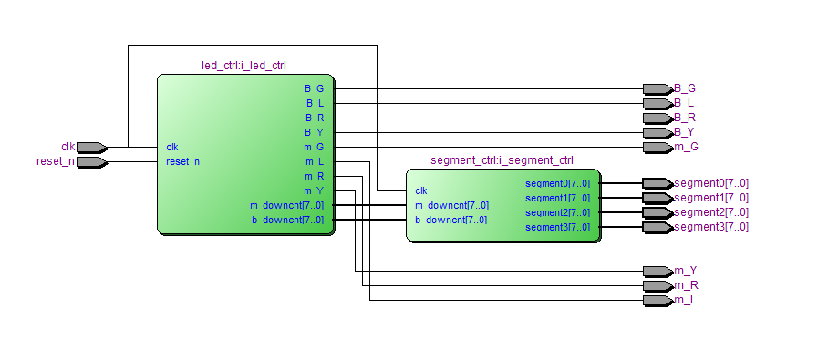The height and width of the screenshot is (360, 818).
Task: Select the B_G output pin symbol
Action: coord(657,88)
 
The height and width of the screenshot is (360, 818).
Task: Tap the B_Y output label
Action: coord(685,132)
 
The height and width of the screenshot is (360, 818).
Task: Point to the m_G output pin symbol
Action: coord(657,147)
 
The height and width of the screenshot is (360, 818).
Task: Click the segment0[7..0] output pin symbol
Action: coord(657,183)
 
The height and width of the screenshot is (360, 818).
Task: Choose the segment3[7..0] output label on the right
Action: coord(711,227)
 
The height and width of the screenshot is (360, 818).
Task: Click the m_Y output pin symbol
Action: coord(657,271)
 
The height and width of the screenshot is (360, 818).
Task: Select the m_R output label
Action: coord(685,285)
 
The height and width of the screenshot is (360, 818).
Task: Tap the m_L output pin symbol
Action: coord(657,300)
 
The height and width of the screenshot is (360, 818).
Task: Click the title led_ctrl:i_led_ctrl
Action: coord(244,66)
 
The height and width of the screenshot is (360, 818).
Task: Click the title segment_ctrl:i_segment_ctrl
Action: coord(502,160)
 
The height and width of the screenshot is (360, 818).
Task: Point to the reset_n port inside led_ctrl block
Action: coord(182,161)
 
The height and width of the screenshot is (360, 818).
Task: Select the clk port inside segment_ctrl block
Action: coord(421,190)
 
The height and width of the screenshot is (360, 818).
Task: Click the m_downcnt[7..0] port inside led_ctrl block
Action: coord(286,205)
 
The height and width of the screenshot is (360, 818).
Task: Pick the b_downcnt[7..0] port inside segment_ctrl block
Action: coord(450,220)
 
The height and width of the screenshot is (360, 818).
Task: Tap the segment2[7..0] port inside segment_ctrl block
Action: coord(557,212)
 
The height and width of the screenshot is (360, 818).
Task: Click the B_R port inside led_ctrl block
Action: coord(314,118)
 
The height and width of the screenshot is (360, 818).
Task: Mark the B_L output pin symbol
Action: coord(657,103)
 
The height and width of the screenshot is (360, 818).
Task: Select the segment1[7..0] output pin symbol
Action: coord(657,198)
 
